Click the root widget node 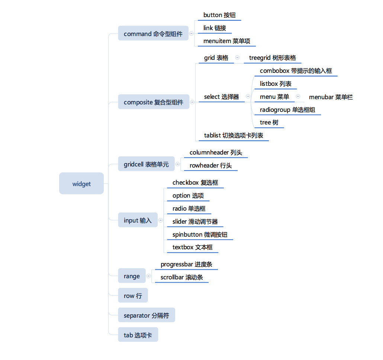pos(81,184)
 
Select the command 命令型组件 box pos(153,34)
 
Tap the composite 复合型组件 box pos(153,102)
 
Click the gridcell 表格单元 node pos(146,164)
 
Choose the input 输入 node pos(138,220)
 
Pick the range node pos(132,276)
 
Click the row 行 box pos(133,296)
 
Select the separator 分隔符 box pos(146,315)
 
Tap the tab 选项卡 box pos(138,335)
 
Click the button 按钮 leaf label pos(219,15)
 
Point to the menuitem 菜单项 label pos(226,41)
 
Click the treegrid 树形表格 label pos(272,58)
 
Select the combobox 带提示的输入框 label pos(296,71)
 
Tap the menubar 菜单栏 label pos(331,97)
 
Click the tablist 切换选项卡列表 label pos(234,136)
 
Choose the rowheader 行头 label pos(210,165)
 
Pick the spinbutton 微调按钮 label pos(200,234)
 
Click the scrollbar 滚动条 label pos(181,277)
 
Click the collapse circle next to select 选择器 pos(248,97)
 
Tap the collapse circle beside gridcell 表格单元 pos(178,164)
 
